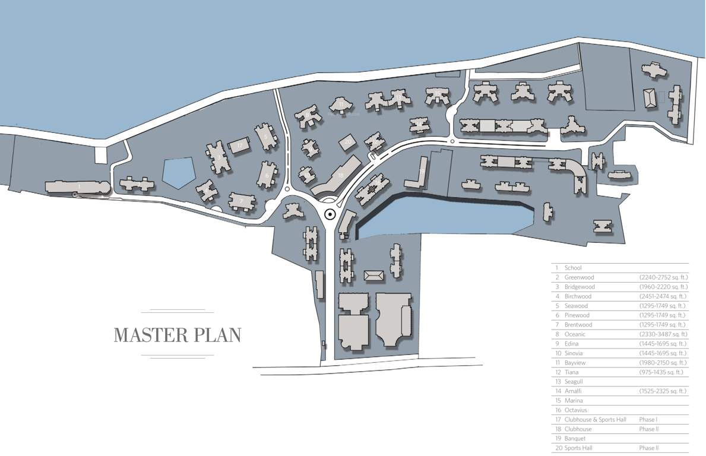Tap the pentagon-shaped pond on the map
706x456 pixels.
179,173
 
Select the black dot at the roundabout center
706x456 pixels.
329,216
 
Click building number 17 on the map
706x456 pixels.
240,145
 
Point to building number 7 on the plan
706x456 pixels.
242,201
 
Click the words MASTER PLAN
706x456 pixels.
177,335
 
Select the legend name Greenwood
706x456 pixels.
579,277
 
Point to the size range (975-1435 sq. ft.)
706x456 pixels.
661,372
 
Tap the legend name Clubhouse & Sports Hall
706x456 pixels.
595,420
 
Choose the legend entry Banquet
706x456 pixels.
575,439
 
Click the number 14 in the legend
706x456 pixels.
558,391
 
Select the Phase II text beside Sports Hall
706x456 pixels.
648,448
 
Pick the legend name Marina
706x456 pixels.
574,401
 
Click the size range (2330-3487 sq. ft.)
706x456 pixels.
663,334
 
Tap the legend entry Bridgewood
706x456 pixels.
580,287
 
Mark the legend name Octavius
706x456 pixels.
577,410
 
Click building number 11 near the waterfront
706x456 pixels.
341,105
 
